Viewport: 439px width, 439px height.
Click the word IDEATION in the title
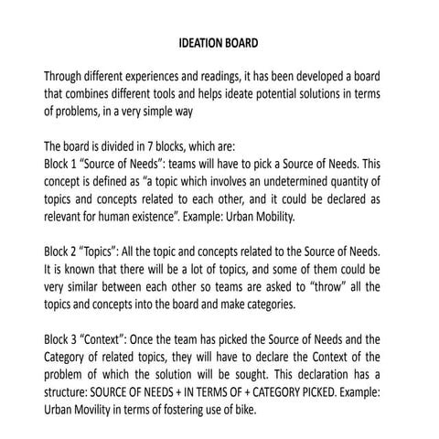click(x=200, y=43)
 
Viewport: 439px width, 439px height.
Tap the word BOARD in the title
click(x=242, y=43)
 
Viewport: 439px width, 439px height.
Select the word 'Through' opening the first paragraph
click(x=67, y=78)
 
